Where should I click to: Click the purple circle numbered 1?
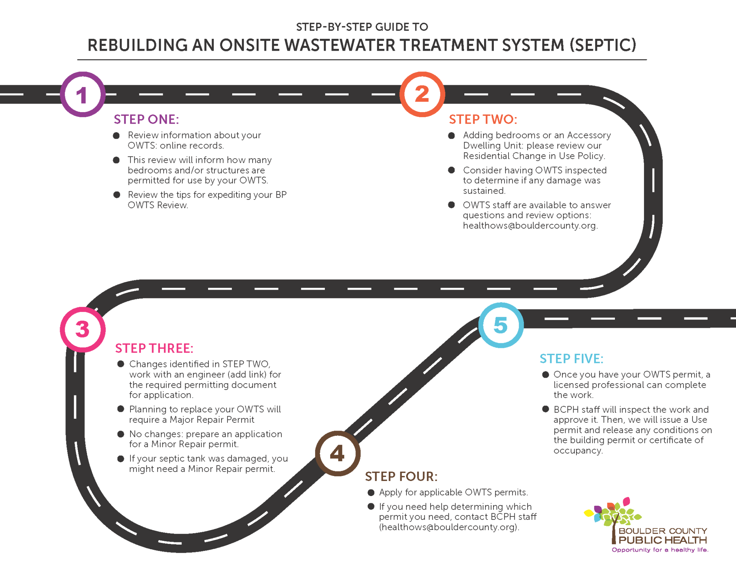tap(83, 95)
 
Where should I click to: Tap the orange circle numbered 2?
tap(422, 94)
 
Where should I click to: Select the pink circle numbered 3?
tap(83, 329)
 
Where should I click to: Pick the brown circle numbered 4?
tap(337, 453)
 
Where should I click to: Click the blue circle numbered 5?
tap(501, 325)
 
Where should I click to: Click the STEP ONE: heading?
tap(146, 119)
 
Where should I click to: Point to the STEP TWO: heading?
tap(483, 119)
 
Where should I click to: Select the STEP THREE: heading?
tap(154, 348)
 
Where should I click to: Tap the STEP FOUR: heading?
tap(401, 477)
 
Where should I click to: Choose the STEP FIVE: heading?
tap(571, 359)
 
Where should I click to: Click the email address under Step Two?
tap(530, 226)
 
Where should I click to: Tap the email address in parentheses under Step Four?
tap(449, 527)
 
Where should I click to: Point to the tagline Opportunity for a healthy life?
tap(660, 550)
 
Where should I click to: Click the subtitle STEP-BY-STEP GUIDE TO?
tap(362, 27)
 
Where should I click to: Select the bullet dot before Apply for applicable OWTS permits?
tap(371, 492)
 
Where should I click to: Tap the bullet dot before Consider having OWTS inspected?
tap(452, 170)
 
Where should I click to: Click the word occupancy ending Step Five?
tap(578, 451)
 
